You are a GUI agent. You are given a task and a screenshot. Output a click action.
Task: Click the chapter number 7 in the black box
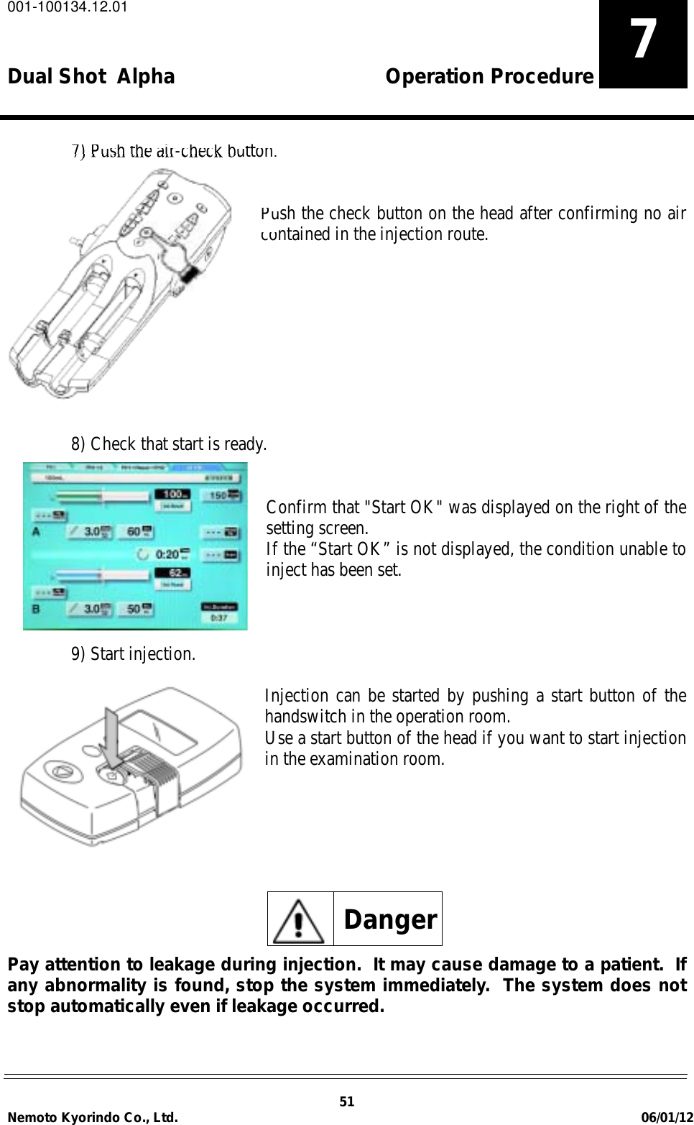click(x=643, y=40)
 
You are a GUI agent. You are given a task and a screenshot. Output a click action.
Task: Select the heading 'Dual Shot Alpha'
click(x=91, y=76)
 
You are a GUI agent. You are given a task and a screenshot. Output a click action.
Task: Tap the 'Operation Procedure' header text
click(x=489, y=76)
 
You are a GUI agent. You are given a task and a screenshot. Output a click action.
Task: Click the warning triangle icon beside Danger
click(x=300, y=919)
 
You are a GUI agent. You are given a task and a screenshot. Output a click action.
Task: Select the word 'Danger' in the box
click(x=390, y=919)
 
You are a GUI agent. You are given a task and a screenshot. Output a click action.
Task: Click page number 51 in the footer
click(x=347, y=1102)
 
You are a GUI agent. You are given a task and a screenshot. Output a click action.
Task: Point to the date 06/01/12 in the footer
click(x=667, y=1117)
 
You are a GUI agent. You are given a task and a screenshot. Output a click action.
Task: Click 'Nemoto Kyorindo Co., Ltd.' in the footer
click(x=93, y=1117)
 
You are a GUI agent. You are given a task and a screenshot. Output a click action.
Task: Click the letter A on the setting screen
click(x=35, y=533)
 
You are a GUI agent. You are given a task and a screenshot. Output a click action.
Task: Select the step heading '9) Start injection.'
click(x=133, y=654)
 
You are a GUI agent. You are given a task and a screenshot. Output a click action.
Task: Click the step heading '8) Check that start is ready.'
click(x=169, y=444)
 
